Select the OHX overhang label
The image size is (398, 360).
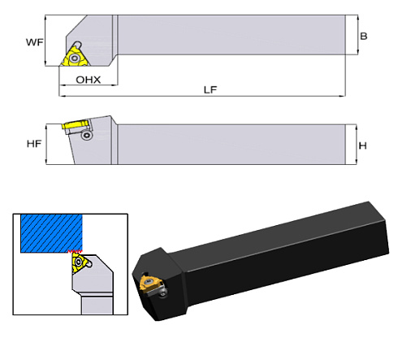pyautogui.click(x=88, y=80)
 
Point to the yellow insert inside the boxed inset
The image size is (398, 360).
pyautogui.click(x=79, y=263)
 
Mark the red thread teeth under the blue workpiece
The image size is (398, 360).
pyautogui.click(x=72, y=253)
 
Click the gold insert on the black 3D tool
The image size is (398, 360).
pyautogui.click(x=153, y=284)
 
